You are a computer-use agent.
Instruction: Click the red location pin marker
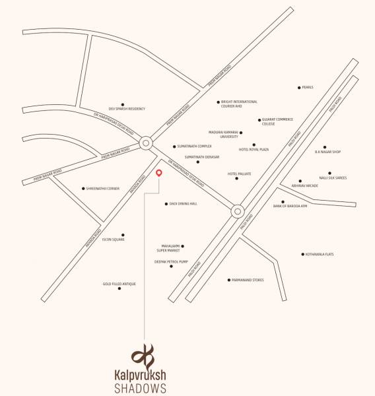[158, 173]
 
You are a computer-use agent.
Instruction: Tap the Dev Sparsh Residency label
[127, 108]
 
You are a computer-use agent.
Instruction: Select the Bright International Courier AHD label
[239, 104]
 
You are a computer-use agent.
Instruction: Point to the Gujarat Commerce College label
[277, 121]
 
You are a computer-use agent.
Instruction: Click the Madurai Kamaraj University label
[222, 133]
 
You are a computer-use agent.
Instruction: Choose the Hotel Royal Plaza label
[254, 150]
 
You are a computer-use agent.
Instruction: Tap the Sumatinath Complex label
[194, 147]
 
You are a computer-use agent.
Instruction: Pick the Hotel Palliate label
[239, 174]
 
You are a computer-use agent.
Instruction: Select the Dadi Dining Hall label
[183, 204]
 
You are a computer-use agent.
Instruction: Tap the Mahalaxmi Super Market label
[168, 248]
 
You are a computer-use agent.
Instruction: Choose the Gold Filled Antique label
[119, 284]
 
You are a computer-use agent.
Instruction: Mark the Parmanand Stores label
[248, 280]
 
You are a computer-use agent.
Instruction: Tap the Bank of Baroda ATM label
[290, 206]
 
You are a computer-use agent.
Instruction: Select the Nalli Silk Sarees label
[333, 178]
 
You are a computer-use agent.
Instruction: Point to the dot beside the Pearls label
[299, 87]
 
